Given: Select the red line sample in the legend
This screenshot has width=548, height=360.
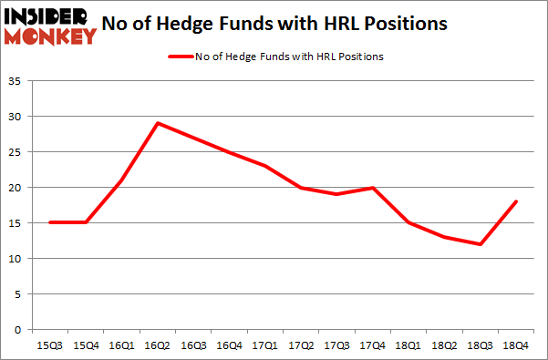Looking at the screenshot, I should click(181, 57).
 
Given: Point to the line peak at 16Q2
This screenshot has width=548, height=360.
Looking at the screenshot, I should click(159, 123).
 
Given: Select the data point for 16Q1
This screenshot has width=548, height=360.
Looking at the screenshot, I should click(121, 180).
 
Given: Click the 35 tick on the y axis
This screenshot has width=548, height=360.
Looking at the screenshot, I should click(16, 82).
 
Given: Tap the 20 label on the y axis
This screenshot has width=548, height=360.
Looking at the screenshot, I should click(16, 188).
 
